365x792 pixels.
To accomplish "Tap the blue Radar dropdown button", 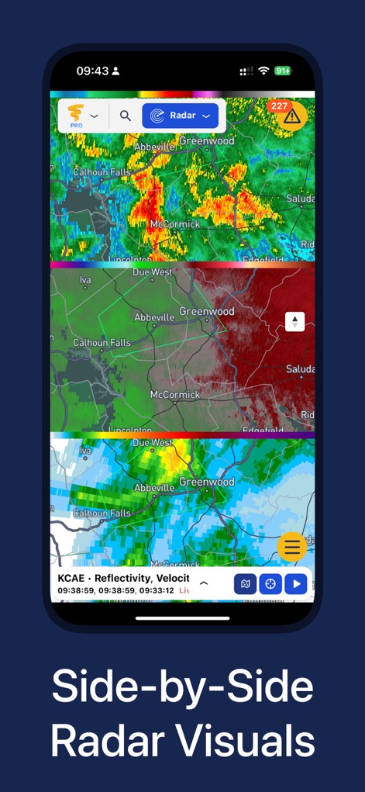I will click(x=180, y=116).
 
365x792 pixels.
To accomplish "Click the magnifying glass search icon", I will click(x=125, y=116).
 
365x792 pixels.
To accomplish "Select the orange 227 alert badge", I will click(x=279, y=106).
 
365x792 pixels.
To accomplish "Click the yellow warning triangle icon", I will click(x=291, y=117).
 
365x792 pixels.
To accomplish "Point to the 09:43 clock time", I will click(x=92, y=71).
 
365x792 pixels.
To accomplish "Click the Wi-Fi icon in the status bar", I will click(x=263, y=71).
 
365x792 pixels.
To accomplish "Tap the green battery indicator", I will click(x=283, y=71).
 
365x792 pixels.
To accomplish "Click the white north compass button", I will click(x=294, y=321).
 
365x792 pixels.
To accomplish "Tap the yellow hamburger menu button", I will click(x=292, y=547).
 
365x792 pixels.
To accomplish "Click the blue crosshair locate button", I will click(x=270, y=583).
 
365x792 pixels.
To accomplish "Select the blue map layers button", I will click(x=245, y=583).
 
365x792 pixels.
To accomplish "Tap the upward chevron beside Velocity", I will click(x=204, y=583).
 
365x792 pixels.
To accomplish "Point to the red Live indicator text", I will click(x=184, y=590).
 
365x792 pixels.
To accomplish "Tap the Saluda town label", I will click(x=300, y=199).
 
